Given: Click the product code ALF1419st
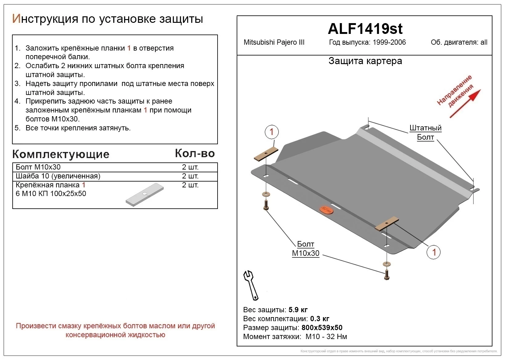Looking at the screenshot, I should pos(365,29).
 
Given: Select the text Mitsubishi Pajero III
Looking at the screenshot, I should pos(274,43).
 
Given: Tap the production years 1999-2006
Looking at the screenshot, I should pos(389,43).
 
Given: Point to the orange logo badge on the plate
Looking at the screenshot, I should pos(326,210).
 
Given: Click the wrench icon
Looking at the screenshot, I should pos(251,285).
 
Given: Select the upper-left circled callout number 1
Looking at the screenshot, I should pos(271,132).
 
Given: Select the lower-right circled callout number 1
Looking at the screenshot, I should pos(434,252).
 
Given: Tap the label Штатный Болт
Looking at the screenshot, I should pos(425,133).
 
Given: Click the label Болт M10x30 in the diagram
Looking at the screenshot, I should pos(305,249).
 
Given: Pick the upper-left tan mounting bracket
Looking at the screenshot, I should pos(266,154).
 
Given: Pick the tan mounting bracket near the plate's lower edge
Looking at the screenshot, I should pos(387,223).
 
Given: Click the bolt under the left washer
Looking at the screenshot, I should pos(266,205).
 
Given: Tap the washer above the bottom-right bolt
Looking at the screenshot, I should pos(386,264).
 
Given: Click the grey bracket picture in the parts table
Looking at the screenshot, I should pos(145,195).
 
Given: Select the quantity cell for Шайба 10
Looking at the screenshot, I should pos(190,176).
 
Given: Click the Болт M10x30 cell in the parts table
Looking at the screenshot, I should pos(38,167).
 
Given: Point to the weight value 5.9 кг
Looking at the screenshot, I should pos(298,310).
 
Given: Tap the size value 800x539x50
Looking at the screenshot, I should pos(322,328).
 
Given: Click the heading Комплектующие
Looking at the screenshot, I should pos(61,154).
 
